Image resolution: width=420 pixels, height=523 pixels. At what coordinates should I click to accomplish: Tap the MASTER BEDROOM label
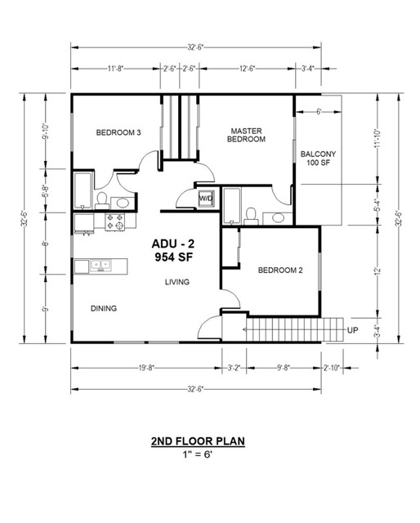coord(247,135)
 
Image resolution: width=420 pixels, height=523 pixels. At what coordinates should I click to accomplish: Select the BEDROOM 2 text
coord(275,270)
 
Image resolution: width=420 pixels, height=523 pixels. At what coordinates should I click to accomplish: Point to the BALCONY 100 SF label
coord(318,159)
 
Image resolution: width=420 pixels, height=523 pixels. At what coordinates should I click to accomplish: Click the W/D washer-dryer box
coord(207,199)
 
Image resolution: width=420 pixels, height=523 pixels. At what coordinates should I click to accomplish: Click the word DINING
coord(104,308)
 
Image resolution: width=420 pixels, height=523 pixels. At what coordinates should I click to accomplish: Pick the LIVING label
coord(176,282)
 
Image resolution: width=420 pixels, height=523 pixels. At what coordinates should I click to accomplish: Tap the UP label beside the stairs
coord(353,330)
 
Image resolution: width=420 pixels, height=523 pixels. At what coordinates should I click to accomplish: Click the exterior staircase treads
coord(285,331)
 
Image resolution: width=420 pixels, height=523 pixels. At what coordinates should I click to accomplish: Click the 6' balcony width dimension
coord(318,111)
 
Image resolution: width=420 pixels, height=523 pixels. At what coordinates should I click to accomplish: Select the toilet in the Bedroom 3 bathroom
coord(102,199)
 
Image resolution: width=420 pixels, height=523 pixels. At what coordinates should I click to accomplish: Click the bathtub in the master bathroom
coord(230,206)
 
